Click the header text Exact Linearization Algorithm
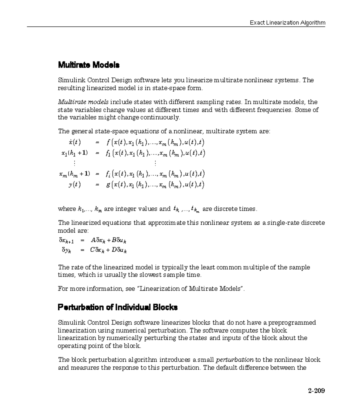tap(287, 23)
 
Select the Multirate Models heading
tap(88, 65)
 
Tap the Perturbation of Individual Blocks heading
tap(117, 307)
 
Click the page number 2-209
tap(316, 391)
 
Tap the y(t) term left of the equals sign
tap(74, 185)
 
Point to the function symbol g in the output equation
tap(108, 185)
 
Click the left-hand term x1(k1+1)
tap(74, 153)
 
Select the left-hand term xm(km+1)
tap(74, 174)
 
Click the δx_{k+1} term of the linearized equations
tap(66, 240)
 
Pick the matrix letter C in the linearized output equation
tap(92, 250)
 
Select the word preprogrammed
tap(292, 323)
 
